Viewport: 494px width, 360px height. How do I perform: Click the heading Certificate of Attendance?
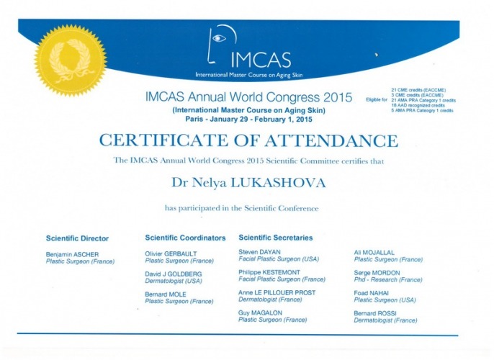[x=248, y=140]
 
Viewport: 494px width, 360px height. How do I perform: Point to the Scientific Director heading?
[x=77, y=238]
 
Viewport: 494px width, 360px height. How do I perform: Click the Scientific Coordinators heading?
[x=185, y=238]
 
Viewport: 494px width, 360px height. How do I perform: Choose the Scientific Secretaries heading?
[x=275, y=238]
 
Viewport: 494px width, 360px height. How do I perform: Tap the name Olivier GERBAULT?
[x=169, y=254]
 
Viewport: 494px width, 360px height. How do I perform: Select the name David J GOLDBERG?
[x=174, y=274]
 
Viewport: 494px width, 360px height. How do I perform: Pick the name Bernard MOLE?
[x=165, y=294]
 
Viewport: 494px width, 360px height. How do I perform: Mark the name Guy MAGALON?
[x=260, y=313]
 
